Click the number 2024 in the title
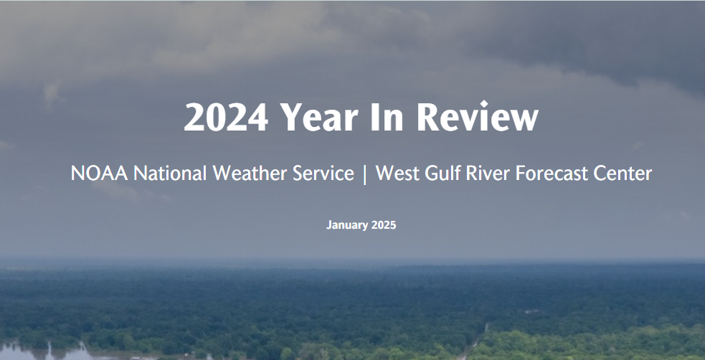[226, 117]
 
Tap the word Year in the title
[318, 117]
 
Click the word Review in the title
[478, 116]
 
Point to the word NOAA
[100, 174]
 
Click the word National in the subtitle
[171, 174]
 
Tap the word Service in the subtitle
[323, 174]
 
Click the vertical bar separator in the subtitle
[364, 174]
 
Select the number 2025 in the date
[384, 224]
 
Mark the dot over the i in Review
[484, 104]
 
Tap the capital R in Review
[429, 117]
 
